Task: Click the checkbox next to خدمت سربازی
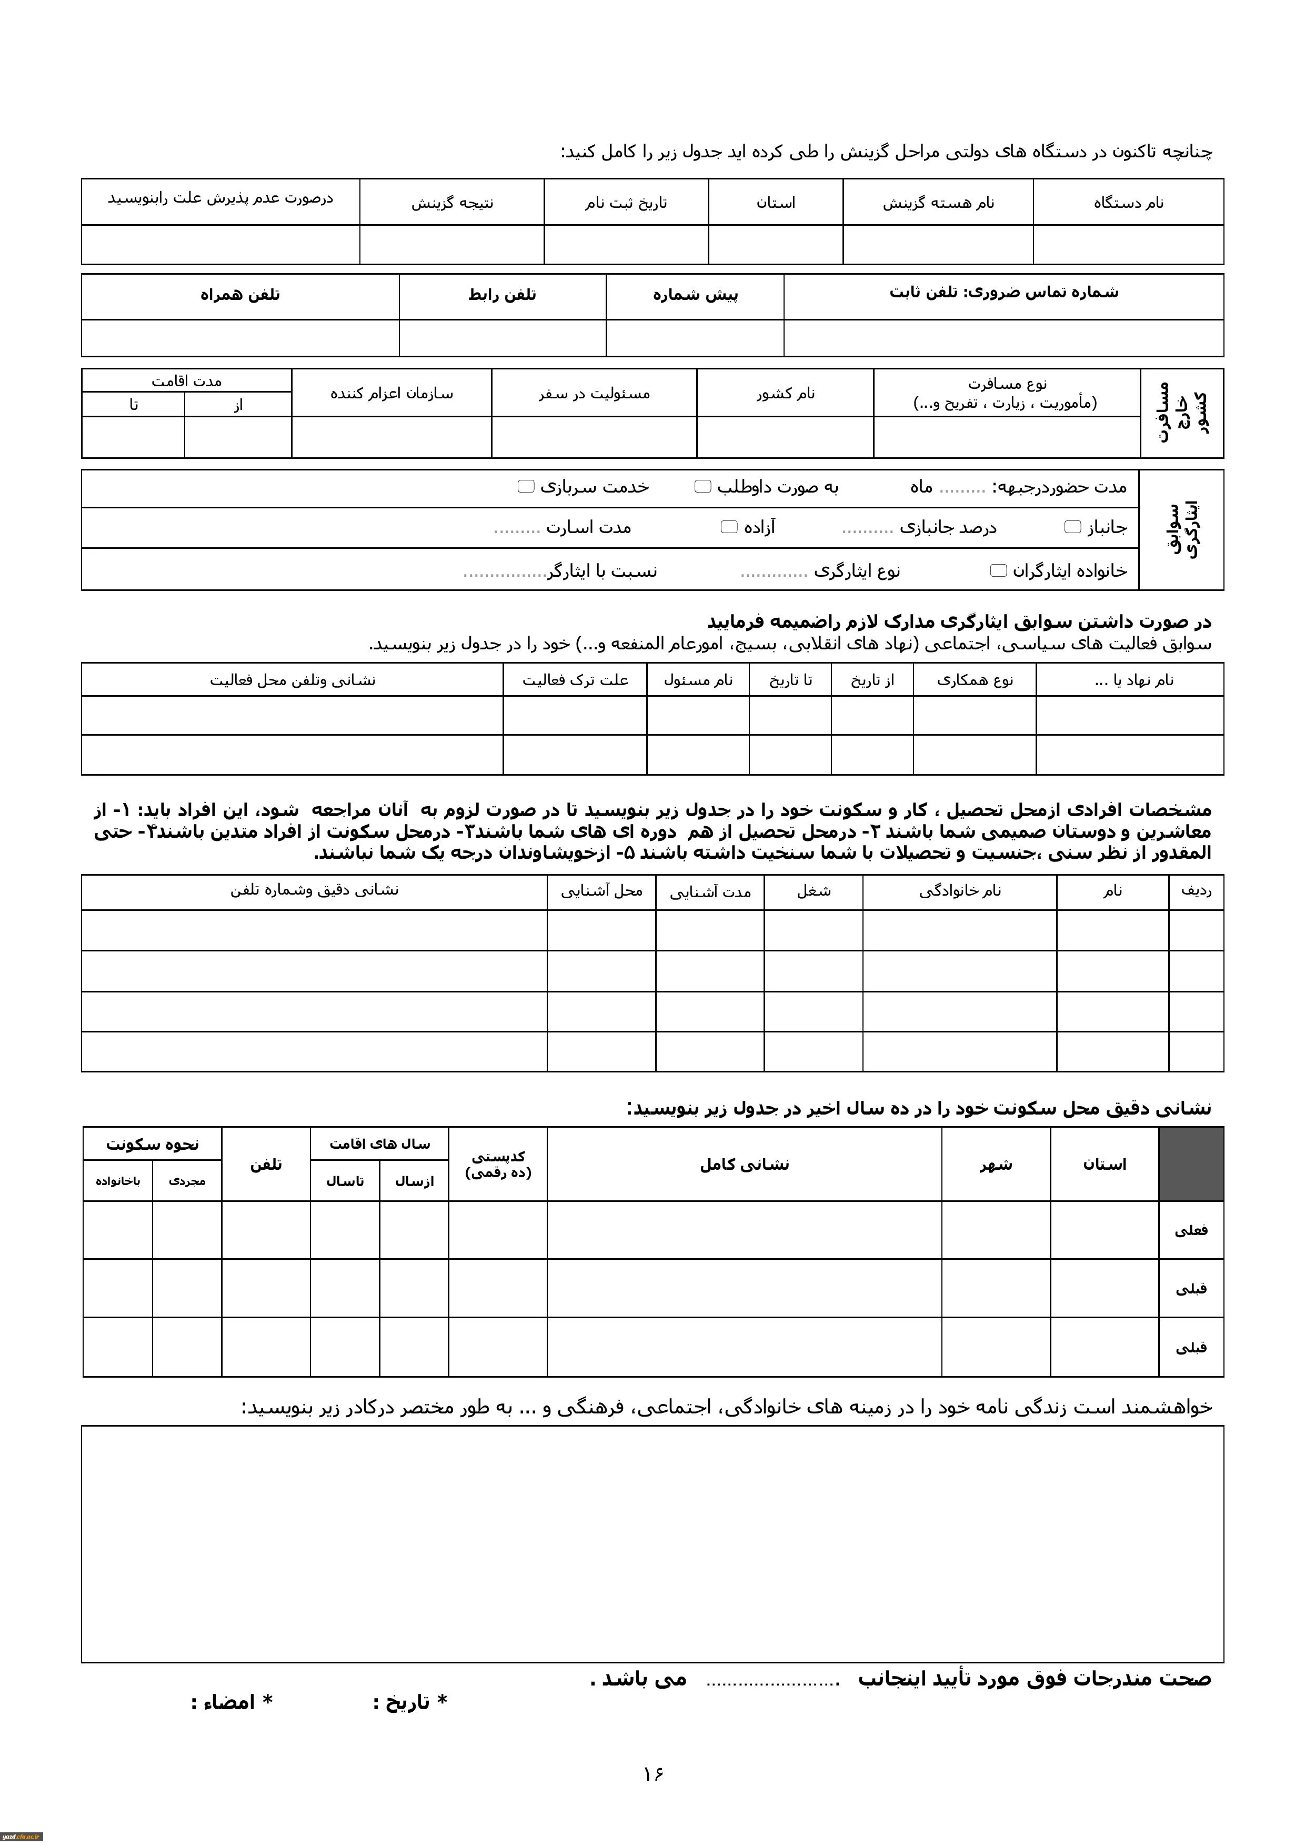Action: (x=526, y=486)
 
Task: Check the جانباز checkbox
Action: (x=1072, y=527)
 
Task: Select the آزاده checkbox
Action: (x=729, y=527)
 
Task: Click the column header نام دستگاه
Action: (x=1128, y=203)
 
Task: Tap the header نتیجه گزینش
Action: (x=452, y=203)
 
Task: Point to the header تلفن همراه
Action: (x=239, y=295)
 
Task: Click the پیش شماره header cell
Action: (x=695, y=295)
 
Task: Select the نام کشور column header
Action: (x=785, y=393)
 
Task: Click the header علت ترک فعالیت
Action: (x=575, y=680)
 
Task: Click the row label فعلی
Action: (x=1191, y=1230)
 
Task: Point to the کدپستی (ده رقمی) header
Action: (x=498, y=1164)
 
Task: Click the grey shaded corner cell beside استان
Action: (x=1191, y=1164)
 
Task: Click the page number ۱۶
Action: (x=653, y=1773)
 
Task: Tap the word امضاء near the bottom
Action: (x=228, y=1702)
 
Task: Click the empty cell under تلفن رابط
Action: (x=503, y=338)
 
